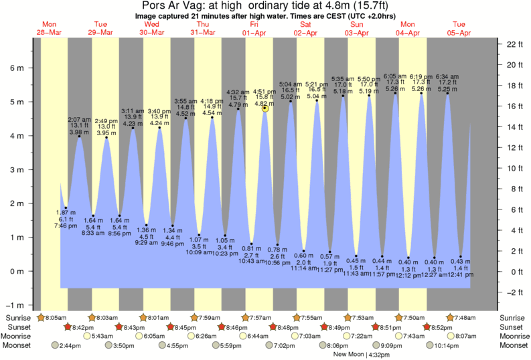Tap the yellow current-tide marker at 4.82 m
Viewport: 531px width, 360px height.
pyautogui.click(x=266, y=108)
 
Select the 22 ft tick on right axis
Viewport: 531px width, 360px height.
pyautogui.click(x=512, y=44)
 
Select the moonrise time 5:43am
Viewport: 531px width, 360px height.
pyautogui.click(x=102, y=336)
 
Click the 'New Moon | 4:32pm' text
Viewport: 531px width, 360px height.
pyautogui.click(x=361, y=354)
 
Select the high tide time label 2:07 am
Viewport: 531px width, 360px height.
pyautogui.click(x=80, y=119)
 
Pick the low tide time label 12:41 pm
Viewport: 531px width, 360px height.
pyautogui.click(x=461, y=274)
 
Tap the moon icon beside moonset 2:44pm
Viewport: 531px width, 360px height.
pyautogui.click(x=56, y=345)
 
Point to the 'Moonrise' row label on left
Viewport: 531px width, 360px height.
pyautogui.click(x=20, y=336)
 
